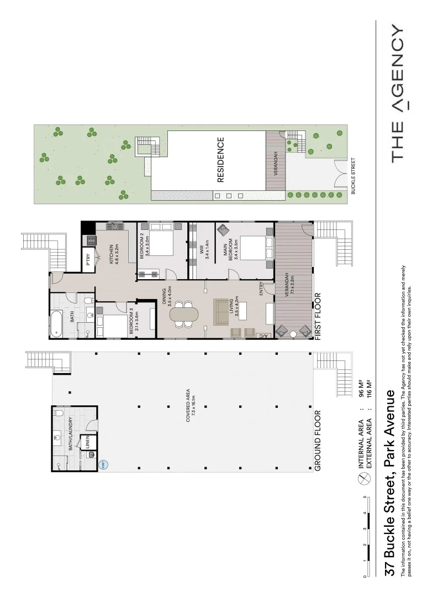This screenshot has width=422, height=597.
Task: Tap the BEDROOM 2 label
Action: (x=144, y=247)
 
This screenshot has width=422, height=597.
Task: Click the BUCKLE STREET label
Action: (x=354, y=176)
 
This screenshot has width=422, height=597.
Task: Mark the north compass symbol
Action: (x=363, y=481)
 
